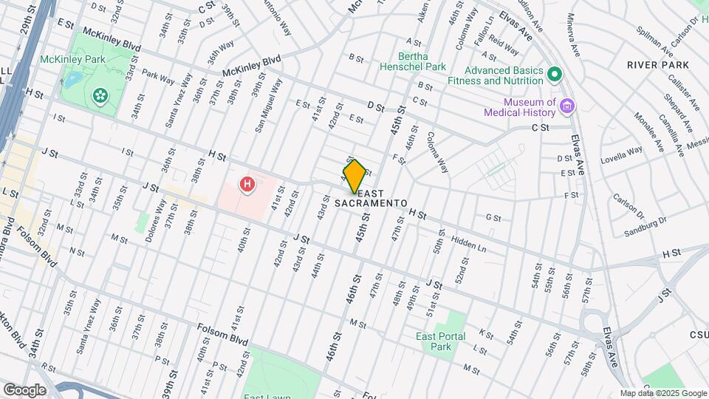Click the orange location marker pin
tap(354, 176)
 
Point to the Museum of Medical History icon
tap(567, 106)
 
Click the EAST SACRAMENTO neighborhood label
tap(371, 202)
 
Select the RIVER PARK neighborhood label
tap(658, 65)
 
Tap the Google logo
tap(24, 389)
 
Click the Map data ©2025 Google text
tap(663, 393)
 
